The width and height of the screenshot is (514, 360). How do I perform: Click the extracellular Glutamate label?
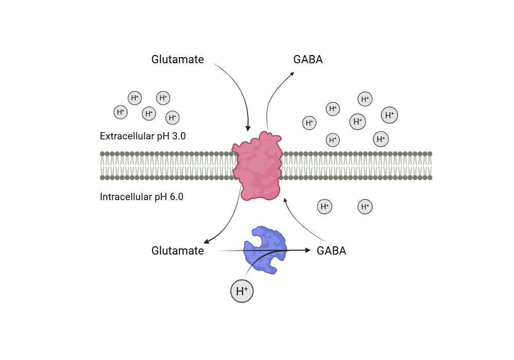(177, 60)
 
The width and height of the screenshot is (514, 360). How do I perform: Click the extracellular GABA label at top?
(308, 60)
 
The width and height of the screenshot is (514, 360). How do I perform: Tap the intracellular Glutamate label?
(177, 251)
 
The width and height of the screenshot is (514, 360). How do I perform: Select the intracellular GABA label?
(332, 251)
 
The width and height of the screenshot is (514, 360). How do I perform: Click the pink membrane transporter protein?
(257, 166)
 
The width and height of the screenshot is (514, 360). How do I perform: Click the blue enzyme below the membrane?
(265, 250)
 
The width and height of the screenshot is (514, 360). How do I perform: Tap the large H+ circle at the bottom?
(242, 292)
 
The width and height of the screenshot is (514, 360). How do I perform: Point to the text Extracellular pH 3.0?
(142, 136)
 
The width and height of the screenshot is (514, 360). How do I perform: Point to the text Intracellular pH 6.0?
(141, 196)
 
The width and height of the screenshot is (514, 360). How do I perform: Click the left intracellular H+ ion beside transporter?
(324, 207)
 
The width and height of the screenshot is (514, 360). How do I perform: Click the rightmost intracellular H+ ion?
(365, 207)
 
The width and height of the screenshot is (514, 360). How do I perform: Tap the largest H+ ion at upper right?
(390, 115)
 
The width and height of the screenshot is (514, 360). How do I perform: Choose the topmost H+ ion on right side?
(365, 99)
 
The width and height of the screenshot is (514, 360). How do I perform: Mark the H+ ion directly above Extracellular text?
(149, 114)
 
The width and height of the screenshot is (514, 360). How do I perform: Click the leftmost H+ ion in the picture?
(121, 112)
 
